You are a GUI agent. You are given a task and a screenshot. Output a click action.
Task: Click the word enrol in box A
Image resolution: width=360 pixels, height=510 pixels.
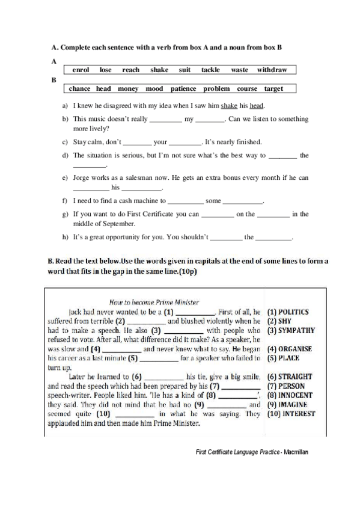(x=81, y=70)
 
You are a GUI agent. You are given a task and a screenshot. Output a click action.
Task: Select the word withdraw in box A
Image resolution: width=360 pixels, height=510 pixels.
(x=272, y=70)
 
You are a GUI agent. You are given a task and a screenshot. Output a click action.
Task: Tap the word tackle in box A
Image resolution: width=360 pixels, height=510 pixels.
(x=210, y=70)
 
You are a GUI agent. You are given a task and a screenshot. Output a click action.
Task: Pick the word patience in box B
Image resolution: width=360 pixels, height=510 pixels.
(x=183, y=89)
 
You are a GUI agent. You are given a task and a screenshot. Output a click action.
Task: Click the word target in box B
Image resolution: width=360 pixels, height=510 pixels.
(x=273, y=89)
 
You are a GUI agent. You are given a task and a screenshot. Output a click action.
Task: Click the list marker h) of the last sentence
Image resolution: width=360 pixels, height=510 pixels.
(x=65, y=238)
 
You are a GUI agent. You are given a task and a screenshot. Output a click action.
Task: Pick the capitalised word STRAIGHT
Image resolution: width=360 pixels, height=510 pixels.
(x=290, y=376)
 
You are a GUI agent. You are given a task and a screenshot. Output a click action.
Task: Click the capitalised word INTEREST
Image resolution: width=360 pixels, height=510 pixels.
(x=291, y=414)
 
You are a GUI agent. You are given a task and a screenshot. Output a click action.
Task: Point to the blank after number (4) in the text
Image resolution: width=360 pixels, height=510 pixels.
(x=123, y=349)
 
